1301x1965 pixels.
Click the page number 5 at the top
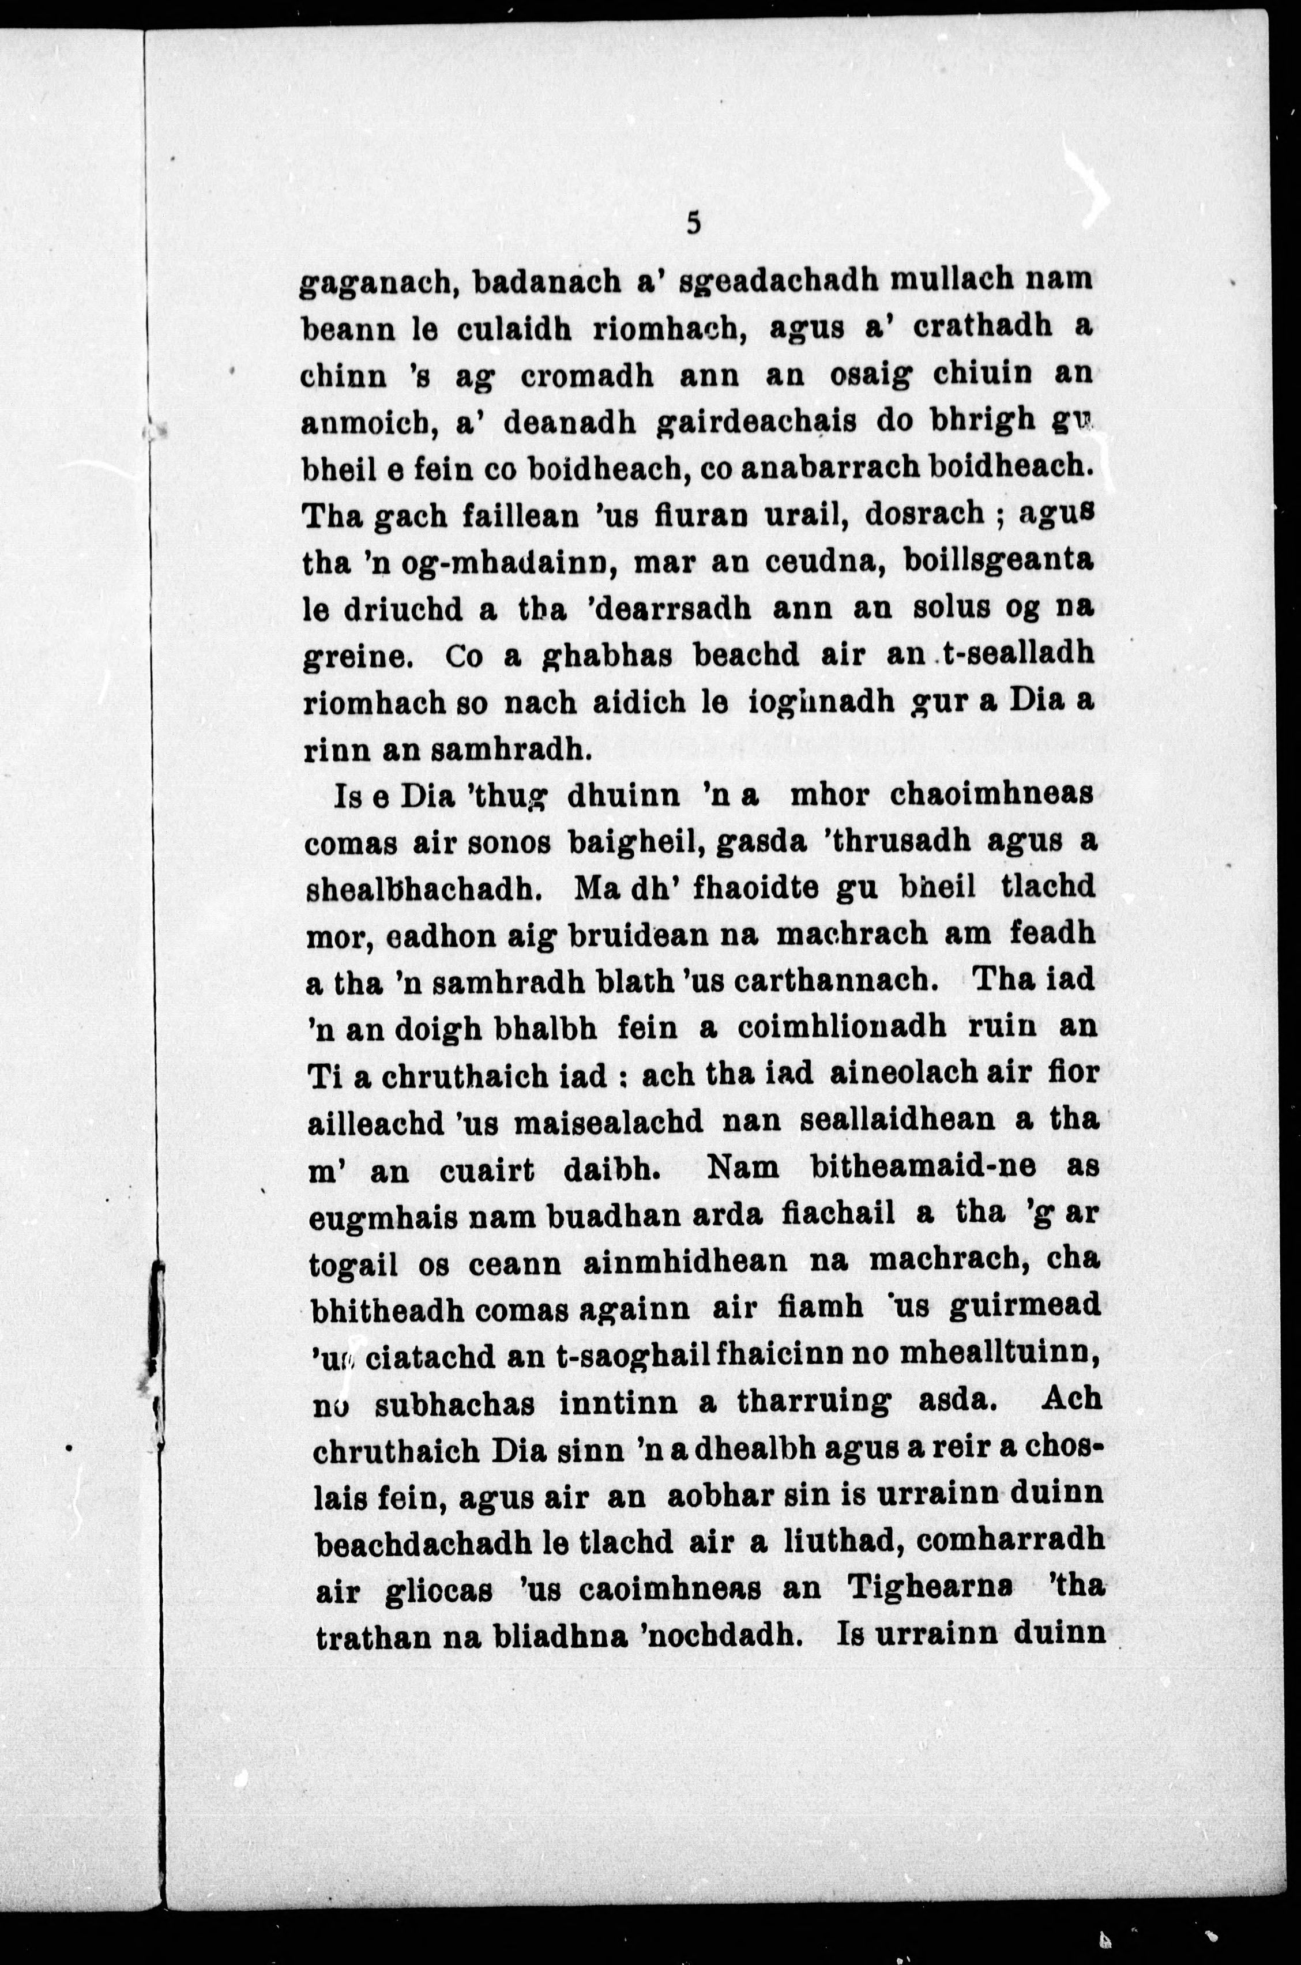(x=694, y=223)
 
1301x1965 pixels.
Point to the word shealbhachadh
(x=424, y=889)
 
